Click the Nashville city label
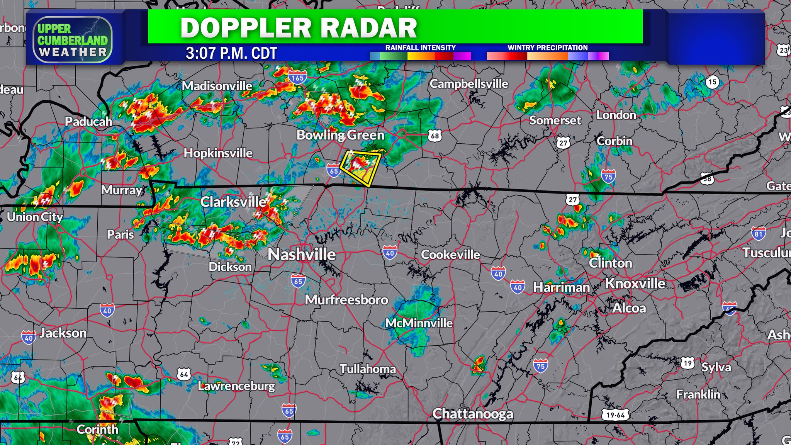302,255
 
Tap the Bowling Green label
340,135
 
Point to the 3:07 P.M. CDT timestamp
231,53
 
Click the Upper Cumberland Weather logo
73,40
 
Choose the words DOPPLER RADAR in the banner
299,28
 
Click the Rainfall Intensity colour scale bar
420,56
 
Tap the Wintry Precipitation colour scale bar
547,56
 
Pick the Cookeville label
450,255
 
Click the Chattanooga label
473,414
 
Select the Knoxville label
635,284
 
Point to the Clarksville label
233,202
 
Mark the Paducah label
88,122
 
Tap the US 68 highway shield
435,136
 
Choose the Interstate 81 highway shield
758,234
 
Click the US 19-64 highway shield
616,415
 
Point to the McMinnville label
419,323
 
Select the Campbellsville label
469,84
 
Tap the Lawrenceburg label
236,386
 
